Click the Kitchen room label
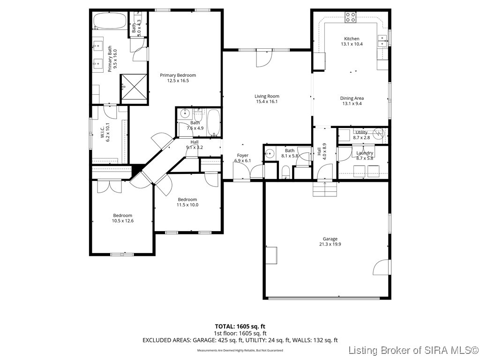click(352, 39)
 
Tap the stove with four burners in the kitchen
click(351, 17)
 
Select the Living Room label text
click(267, 97)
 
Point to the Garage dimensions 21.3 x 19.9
click(330, 244)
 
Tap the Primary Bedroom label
click(178, 75)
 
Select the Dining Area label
click(352, 98)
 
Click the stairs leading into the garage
click(325, 189)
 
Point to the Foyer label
click(242, 156)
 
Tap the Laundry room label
click(365, 153)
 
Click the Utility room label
click(361, 133)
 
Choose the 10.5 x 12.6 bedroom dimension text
click(122, 221)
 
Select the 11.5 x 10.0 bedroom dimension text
click(187, 205)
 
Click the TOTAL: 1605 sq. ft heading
click(240, 326)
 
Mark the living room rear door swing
click(263, 59)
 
